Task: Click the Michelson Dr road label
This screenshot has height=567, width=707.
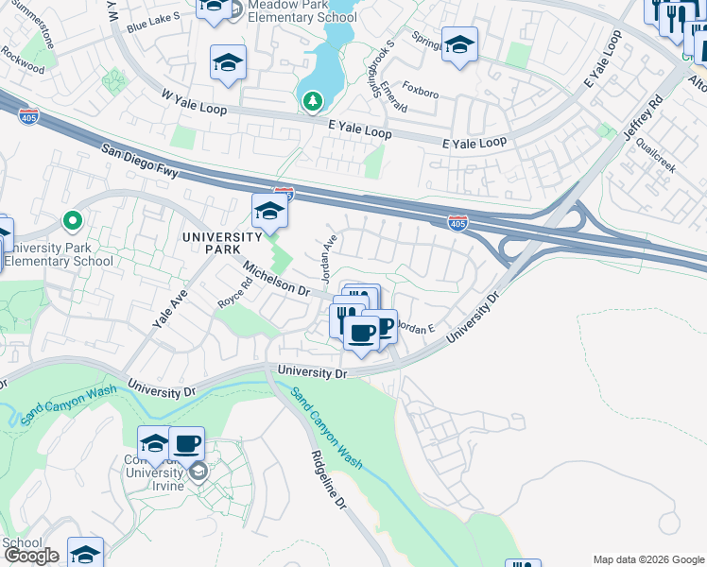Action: point(276,281)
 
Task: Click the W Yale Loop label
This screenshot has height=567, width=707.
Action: point(197,100)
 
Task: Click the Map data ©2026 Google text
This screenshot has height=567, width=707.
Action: point(648,559)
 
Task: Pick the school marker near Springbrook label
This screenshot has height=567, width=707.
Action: point(459,44)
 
